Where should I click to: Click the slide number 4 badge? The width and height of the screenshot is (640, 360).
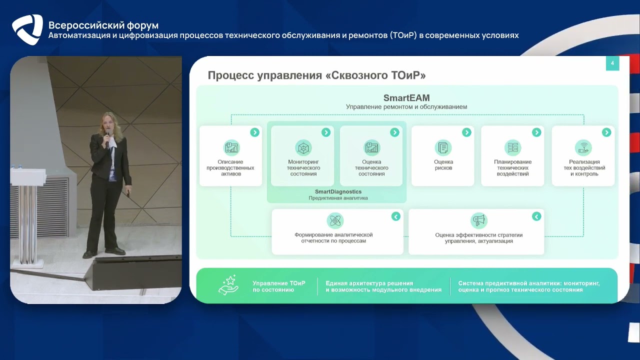612,63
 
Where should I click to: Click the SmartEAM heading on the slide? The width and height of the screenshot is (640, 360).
406,98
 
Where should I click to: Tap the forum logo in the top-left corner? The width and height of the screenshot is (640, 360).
27,29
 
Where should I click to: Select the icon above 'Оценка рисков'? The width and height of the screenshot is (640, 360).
443,147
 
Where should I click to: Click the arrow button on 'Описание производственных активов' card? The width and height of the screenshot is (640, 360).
254,132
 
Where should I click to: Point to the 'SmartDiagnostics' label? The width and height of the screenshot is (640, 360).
338,191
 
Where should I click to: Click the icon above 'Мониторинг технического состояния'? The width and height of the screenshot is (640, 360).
303,147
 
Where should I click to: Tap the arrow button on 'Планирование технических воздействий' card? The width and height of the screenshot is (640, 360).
536,132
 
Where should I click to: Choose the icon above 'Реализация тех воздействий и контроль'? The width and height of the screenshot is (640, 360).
583,147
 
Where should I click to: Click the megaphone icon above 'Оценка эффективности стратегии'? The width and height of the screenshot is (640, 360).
478,220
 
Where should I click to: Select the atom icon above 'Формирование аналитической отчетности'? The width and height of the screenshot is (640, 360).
334,220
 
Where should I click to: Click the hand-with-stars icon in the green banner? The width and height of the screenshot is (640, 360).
228,285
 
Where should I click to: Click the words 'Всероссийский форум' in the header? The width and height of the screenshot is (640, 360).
103,25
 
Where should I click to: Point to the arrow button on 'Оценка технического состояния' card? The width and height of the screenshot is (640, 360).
394,132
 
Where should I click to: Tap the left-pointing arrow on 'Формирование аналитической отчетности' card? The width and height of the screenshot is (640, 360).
395,216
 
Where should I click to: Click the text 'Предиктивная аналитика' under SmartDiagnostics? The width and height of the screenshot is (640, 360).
338,198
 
